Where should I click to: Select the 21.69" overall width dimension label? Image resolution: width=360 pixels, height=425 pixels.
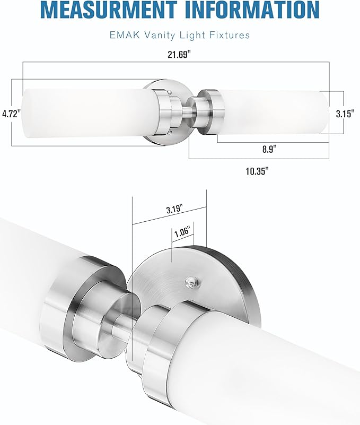tap(176, 55)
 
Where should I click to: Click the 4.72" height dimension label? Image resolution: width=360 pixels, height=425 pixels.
tap(11, 113)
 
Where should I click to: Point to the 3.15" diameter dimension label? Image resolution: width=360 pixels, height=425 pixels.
tap(346, 113)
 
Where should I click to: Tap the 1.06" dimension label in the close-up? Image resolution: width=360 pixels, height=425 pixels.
tap(182, 231)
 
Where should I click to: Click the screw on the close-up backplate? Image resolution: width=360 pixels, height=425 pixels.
tap(189, 282)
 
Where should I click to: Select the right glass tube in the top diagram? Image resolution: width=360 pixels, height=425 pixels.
tap(276, 112)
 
